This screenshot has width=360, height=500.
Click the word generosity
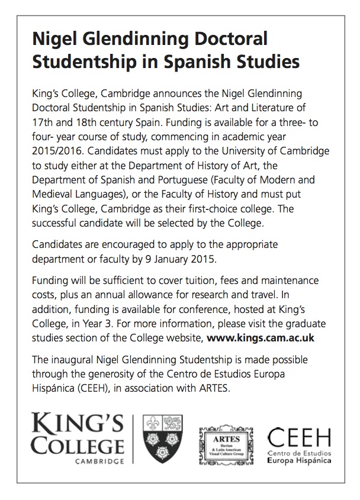(110, 374)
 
